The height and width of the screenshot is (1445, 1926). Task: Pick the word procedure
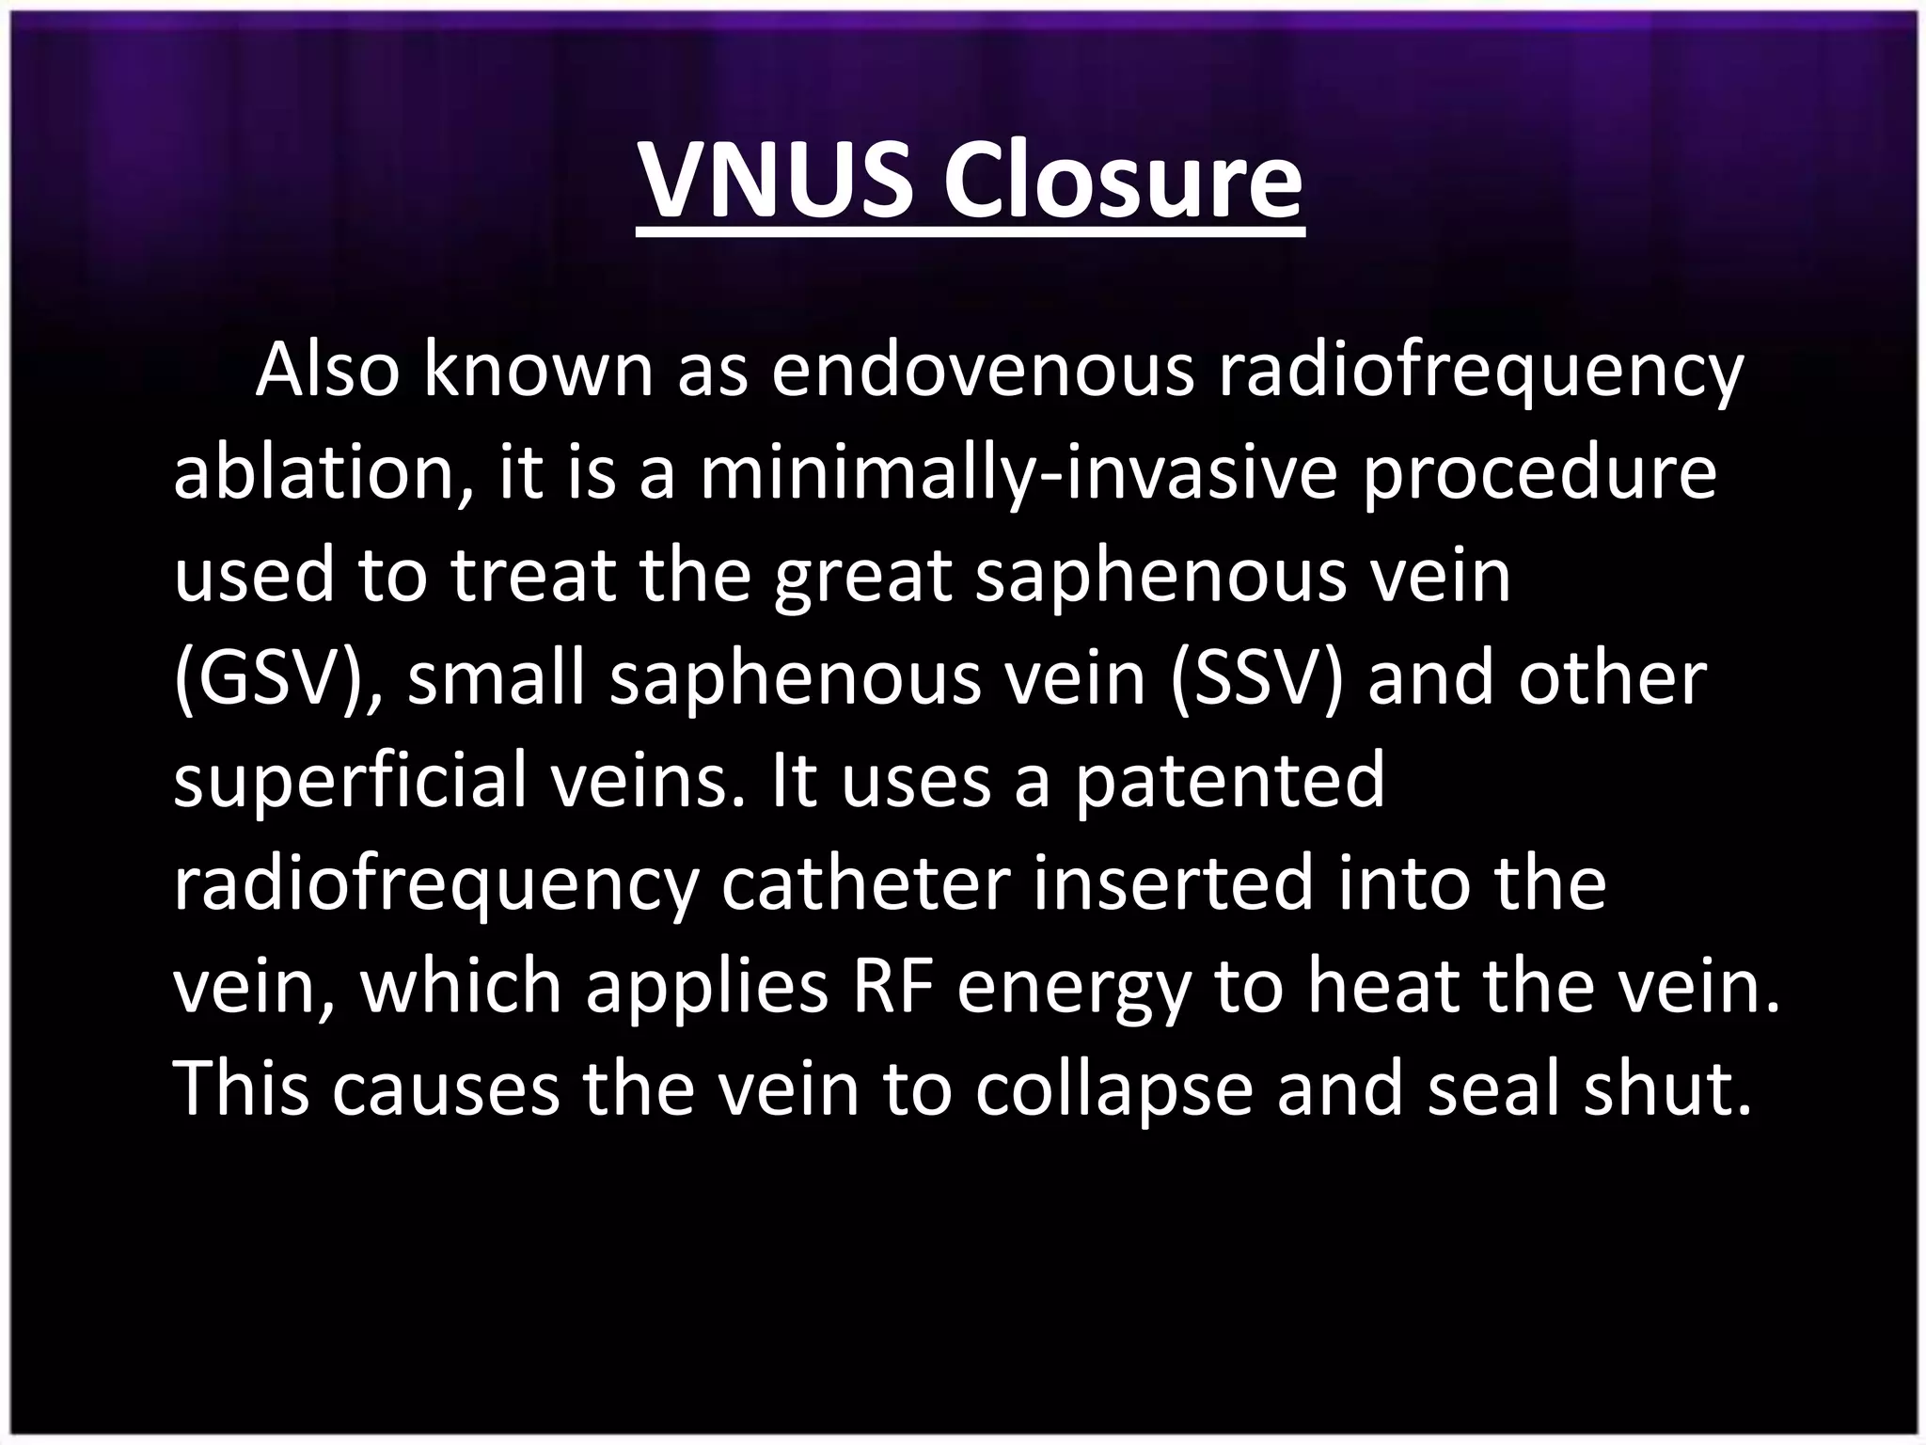click(x=1539, y=473)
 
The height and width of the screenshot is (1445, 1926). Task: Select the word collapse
click(x=1113, y=1089)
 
